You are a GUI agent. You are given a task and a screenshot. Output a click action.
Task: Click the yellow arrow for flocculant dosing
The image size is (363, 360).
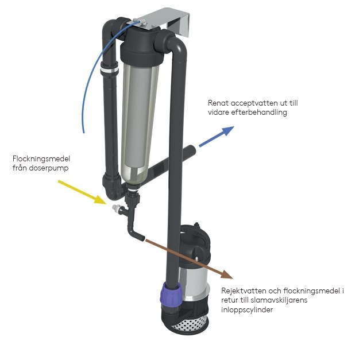[82, 192]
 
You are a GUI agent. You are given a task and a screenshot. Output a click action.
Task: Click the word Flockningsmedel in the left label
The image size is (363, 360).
[41, 159]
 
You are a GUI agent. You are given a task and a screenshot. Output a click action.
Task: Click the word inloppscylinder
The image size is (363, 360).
[247, 310]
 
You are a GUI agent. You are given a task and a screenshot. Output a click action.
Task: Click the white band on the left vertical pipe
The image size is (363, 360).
[109, 71]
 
